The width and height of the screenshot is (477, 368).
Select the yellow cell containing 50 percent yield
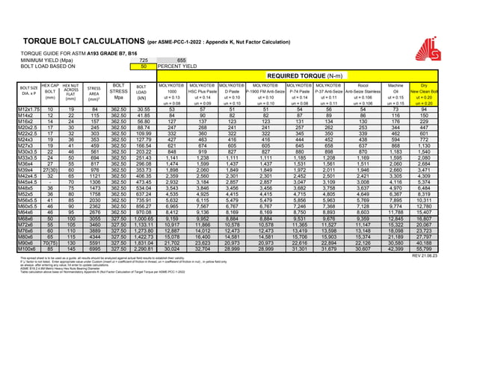[144, 66]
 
